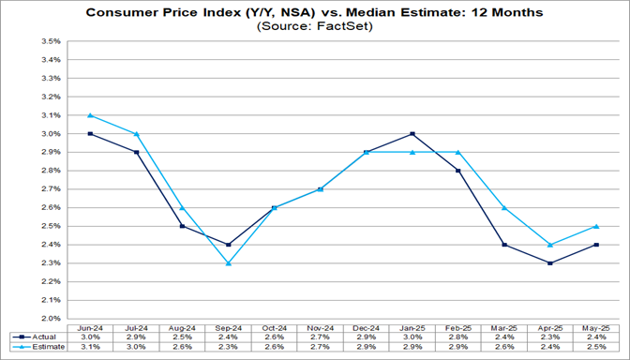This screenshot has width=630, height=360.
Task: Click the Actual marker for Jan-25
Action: [412, 134]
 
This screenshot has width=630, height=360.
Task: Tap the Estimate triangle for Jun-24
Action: [90, 115]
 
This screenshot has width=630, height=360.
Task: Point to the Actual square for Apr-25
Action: [549, 263]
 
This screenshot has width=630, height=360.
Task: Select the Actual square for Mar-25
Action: [505, 245]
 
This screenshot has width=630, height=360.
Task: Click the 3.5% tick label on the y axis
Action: [50, 42]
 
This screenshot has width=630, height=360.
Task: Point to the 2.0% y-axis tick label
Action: [50, 319]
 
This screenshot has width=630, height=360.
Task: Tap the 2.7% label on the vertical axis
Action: [50, 189]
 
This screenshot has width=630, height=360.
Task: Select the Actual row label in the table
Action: [38, 337]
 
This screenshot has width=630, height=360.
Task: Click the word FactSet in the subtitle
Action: [339, 28]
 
